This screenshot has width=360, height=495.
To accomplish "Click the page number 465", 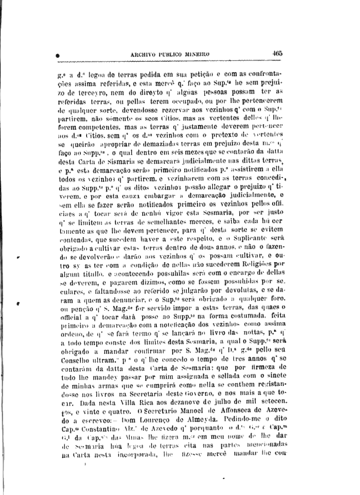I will click(277, 53).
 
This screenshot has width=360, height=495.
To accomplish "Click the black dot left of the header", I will click(58, 56).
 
